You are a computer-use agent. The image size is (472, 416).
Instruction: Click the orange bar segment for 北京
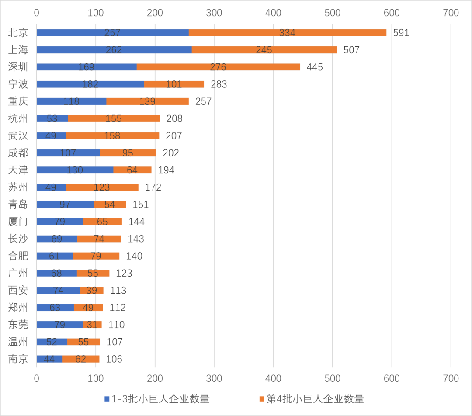point(288,33)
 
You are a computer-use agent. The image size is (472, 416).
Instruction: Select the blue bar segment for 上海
point(114,50)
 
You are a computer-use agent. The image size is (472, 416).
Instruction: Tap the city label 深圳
point(18,67)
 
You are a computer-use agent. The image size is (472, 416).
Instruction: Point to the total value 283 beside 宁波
point(219,84)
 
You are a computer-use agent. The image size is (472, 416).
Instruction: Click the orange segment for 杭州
point(114,118)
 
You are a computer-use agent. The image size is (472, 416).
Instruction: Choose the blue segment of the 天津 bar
point(75,170)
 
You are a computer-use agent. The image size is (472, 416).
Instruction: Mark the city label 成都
point(18,153)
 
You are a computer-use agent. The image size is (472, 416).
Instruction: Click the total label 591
point(401,33)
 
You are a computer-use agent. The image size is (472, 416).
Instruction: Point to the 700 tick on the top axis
point(451,13)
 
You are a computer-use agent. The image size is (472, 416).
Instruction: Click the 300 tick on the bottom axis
point(214,378)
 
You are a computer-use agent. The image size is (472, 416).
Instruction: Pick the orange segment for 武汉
point(112,136)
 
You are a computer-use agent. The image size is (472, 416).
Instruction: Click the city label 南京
point(18,359)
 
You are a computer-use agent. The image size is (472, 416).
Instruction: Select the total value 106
point(114,359)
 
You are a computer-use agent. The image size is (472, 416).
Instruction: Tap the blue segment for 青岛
point(65,205)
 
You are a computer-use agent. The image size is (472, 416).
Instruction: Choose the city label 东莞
point(18,325)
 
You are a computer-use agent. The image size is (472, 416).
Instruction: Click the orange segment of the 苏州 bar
point(102,187)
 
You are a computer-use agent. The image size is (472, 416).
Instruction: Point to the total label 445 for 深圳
point(315,67)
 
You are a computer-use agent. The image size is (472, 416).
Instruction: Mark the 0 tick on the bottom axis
point(36,378)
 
